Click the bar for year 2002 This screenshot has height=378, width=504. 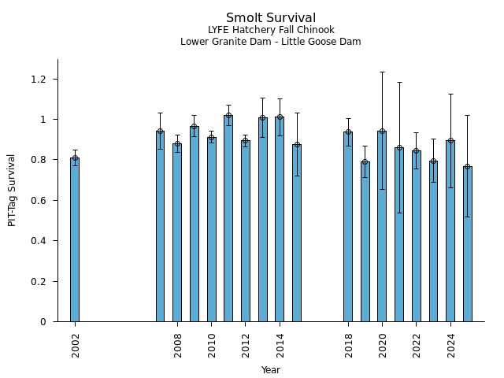point(75,239)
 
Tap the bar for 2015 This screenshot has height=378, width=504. point(297,232)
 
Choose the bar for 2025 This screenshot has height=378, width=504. point(468,243)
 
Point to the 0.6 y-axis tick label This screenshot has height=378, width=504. point(38,201)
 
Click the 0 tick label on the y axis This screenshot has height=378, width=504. point(44,322)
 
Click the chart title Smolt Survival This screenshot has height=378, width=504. point(271,18)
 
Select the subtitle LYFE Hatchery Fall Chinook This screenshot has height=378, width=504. point(271,31)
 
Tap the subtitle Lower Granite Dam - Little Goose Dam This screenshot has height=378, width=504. point(271,42)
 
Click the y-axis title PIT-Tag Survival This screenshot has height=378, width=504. point(12,191)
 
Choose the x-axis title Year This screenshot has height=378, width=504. point(271,370)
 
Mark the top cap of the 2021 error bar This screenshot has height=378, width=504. point(399,82)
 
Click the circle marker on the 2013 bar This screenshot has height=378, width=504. point(263,118)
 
